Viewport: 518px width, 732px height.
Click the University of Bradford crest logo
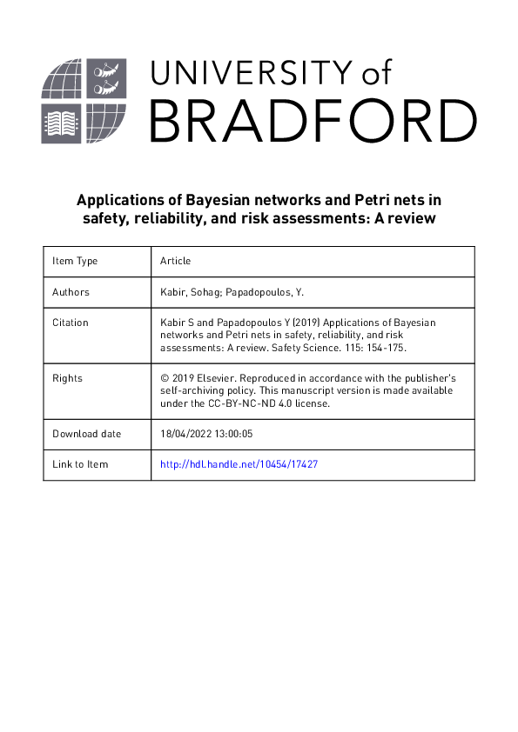[84, 101]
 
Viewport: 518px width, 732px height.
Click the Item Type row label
[75, 261]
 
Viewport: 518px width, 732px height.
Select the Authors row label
[71, 292]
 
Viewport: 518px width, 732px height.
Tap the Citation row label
[71, 323]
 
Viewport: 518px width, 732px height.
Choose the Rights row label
[67, 378]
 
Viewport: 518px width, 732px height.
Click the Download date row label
[87, 433]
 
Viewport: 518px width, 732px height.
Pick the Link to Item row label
[80, 464]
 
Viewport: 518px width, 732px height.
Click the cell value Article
[176, 261]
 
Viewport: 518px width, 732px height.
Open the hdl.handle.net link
[239, 464]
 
